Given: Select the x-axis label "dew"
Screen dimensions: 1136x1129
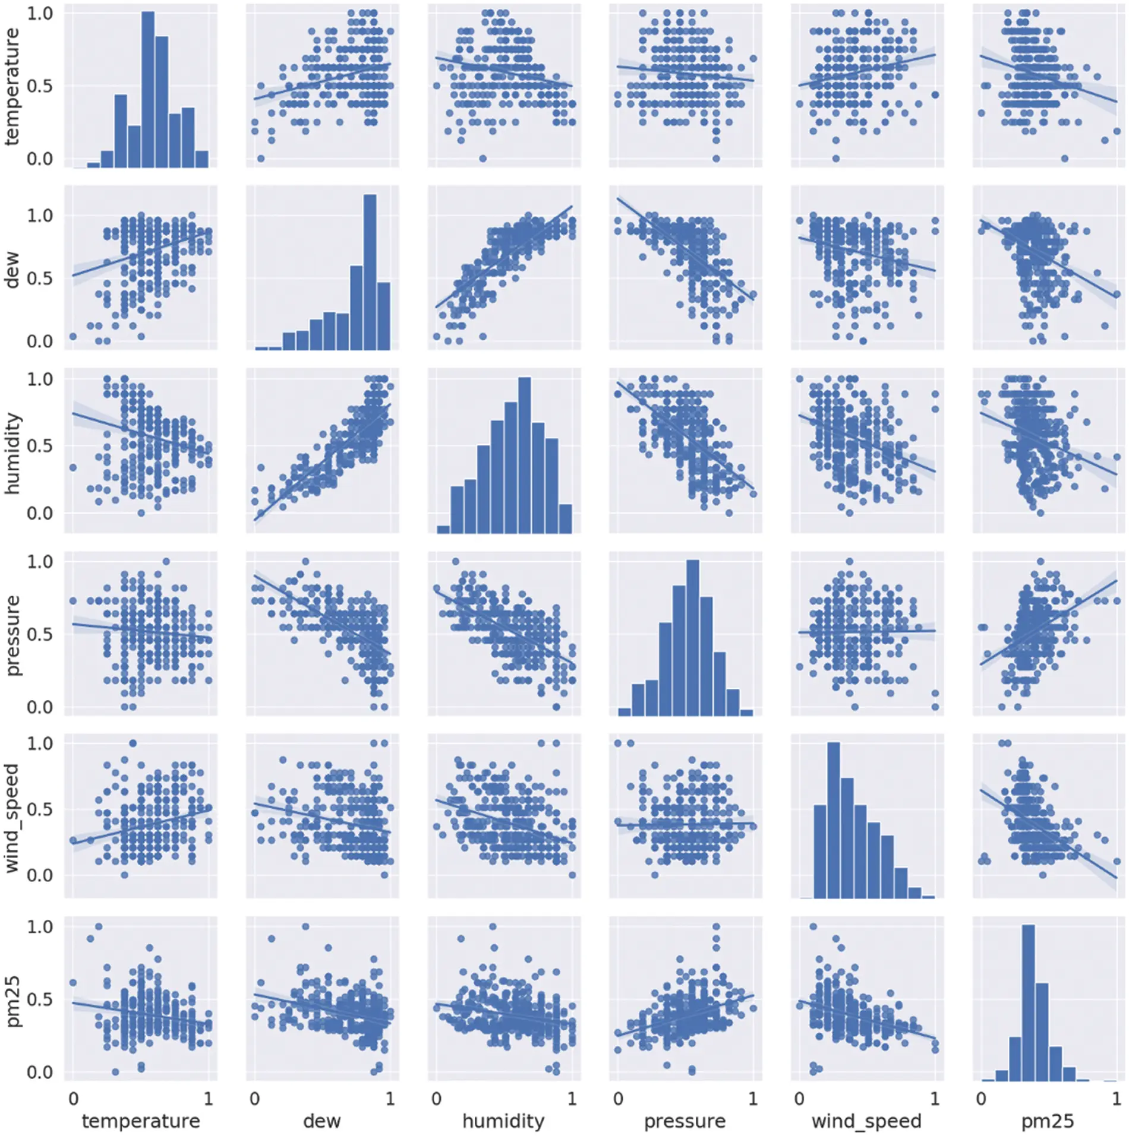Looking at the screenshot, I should click(321, 1121).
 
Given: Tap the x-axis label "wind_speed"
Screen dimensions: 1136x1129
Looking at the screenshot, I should click(866, 1121).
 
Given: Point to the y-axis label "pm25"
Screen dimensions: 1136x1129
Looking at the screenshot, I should click(12, 1001).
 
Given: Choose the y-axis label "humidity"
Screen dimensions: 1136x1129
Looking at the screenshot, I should click(12, 453).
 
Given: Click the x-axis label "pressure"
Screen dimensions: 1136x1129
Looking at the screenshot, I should click(685, 1121).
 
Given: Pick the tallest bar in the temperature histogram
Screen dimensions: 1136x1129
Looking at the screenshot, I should click(148, 89).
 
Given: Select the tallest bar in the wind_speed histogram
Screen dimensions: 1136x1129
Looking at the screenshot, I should click(833, 820).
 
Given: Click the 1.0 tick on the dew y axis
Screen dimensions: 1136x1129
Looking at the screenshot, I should click(39, 215).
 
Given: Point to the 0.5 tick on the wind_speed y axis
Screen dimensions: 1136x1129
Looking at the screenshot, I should click(39, 809).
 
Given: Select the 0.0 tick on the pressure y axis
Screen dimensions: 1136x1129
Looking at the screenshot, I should click(39, 707).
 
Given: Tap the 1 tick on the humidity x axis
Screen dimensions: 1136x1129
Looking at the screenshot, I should click(572, 1098).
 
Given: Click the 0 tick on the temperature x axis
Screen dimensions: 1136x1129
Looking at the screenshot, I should click(73, 1098).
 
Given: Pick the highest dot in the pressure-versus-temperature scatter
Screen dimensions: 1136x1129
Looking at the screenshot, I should click(166, 561).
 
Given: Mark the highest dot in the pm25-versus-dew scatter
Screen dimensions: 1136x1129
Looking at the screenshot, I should click(305, 926).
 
